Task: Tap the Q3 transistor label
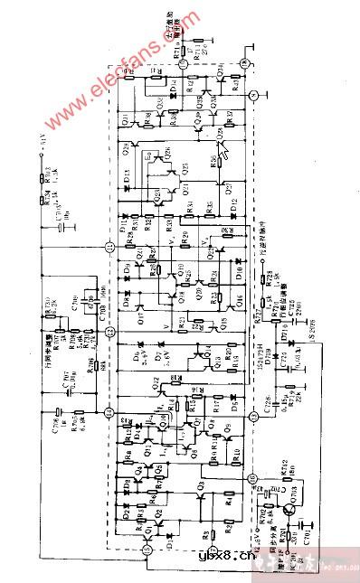pyautogui.click(x=201, y=495)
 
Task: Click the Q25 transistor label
pyautogui.click(x=185, y=172)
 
